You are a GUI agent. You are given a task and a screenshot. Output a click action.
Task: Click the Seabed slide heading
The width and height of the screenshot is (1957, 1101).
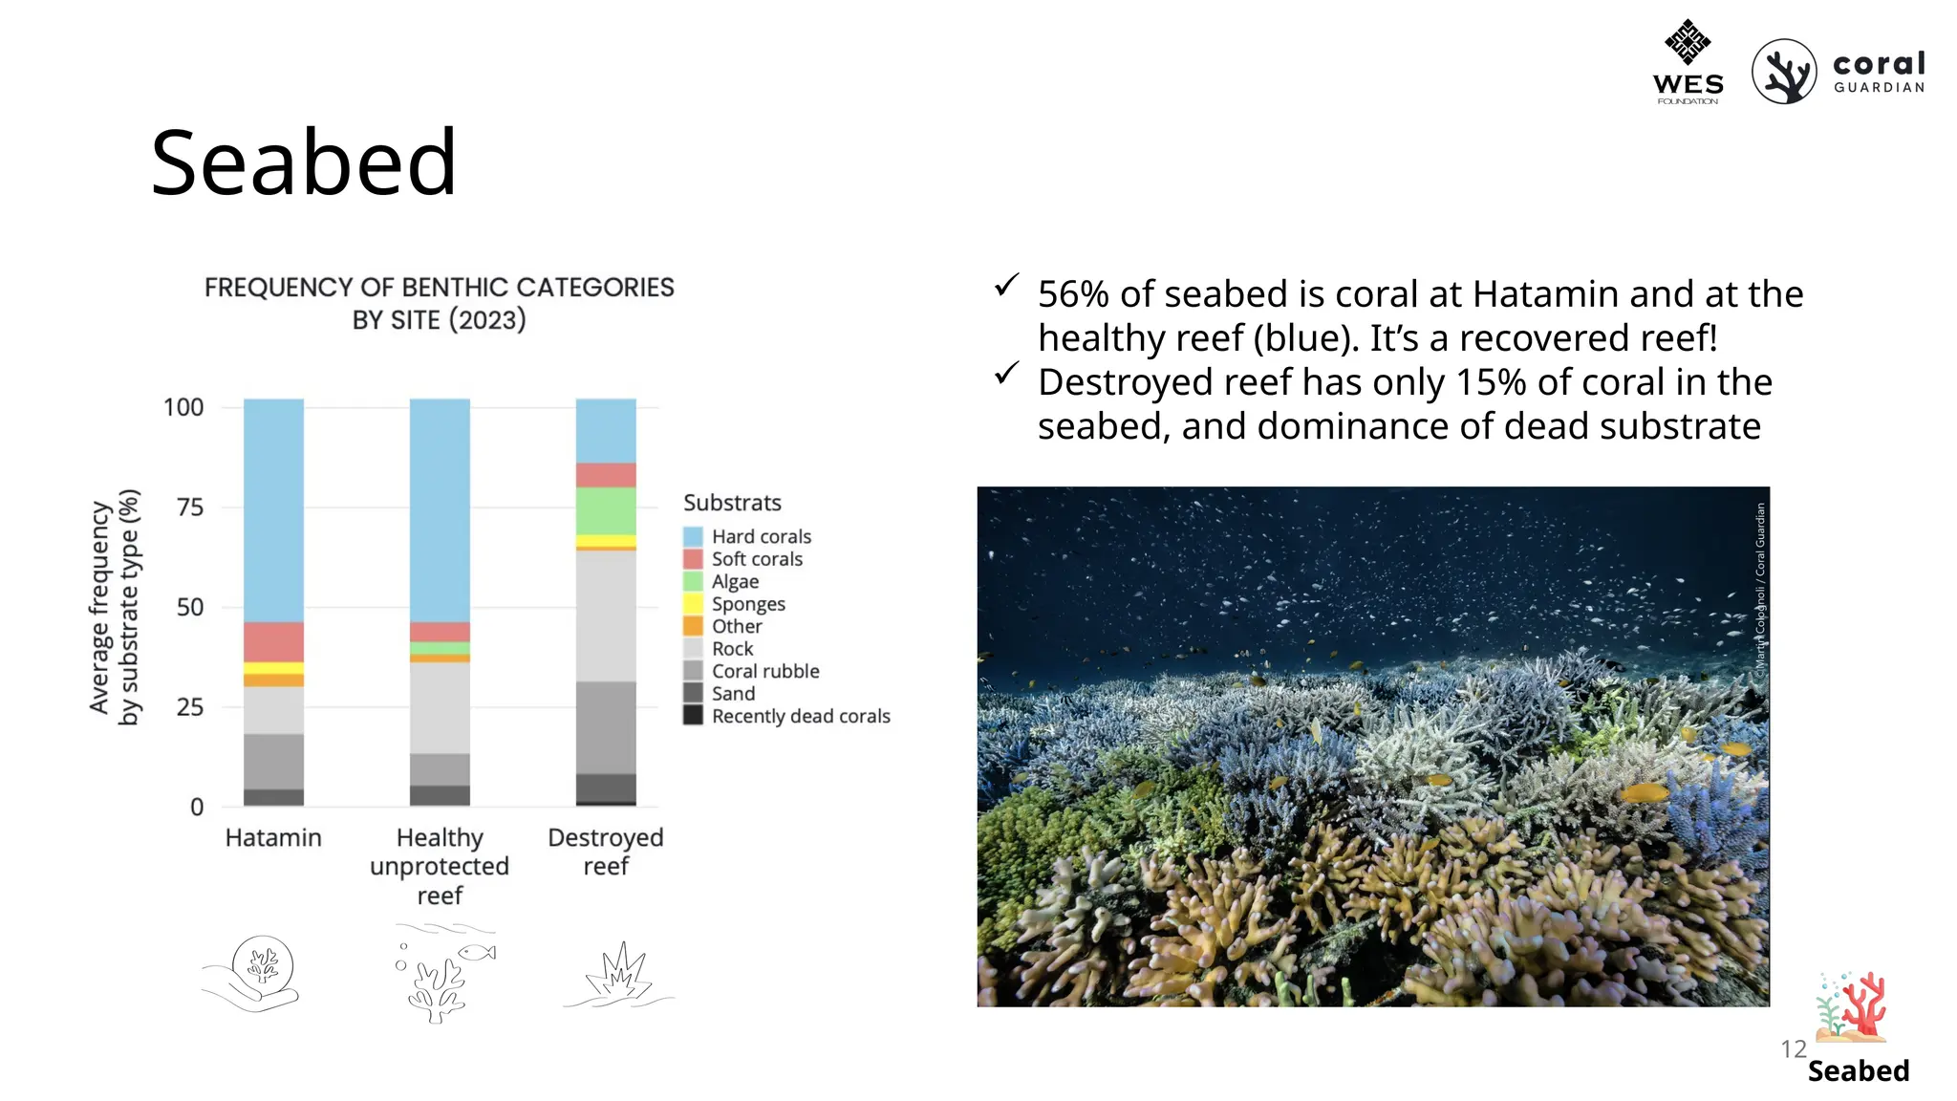[x=304, y=163]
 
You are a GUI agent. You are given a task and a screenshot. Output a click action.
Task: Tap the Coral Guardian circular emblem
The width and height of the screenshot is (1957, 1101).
[x=1783, y=72]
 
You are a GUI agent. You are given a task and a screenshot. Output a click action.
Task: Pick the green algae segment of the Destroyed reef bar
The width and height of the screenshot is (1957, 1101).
[x=606, y=510]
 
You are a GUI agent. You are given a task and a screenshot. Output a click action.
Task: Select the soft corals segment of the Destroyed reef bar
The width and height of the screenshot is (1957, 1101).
[x=606, y=475]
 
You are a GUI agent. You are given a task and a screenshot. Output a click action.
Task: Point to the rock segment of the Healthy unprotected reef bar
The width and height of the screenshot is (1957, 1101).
[x=440, y=707]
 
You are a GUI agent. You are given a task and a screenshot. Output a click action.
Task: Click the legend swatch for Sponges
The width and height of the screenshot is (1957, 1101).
[x=693, y=604]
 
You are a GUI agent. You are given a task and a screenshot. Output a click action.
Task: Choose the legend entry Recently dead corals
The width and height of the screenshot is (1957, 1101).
[x=800, y=716]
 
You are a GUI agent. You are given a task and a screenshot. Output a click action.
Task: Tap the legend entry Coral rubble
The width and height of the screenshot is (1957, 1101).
[x=764, y=671]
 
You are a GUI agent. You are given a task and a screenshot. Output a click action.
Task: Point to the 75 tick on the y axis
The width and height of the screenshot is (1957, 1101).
[x=190, y=507]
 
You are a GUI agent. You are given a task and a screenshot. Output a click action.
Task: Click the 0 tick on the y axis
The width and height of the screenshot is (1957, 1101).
[x=197, y=808]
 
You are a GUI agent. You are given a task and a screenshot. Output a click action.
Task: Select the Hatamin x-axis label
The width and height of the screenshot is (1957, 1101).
[x=273, y=838]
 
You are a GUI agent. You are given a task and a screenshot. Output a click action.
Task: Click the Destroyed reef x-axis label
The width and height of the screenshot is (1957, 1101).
[x=606, y=852]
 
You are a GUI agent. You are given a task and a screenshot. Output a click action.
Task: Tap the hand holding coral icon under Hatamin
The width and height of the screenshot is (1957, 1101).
[x=253, y=973]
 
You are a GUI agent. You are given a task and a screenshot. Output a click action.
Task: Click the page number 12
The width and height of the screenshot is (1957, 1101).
[x=1793, y=1049]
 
